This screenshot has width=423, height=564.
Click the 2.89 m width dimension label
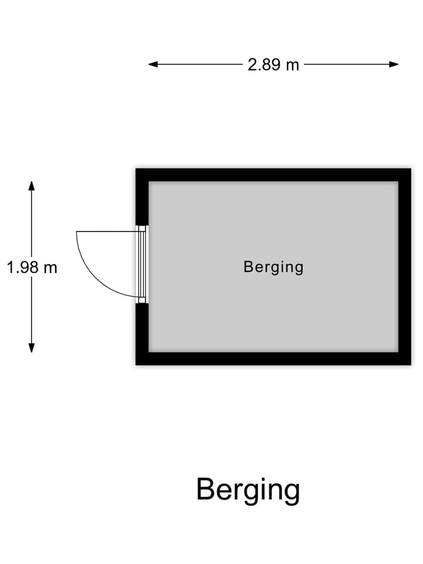[273, 65]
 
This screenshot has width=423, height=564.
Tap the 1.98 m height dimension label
[32, 268]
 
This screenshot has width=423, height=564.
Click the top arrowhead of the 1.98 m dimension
[32, 186]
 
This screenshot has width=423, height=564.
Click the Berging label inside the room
[273, 267]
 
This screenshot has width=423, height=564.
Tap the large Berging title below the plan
[248, 490]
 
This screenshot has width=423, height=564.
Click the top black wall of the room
[273, 174]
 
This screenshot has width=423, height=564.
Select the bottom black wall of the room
[273, 358]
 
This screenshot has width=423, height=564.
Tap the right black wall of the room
[404, 267]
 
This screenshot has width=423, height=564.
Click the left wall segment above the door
[142, 197]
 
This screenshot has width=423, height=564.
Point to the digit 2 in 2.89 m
[251, 65]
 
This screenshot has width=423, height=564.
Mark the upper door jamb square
[142, 229]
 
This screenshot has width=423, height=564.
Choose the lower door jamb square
[142, 300]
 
